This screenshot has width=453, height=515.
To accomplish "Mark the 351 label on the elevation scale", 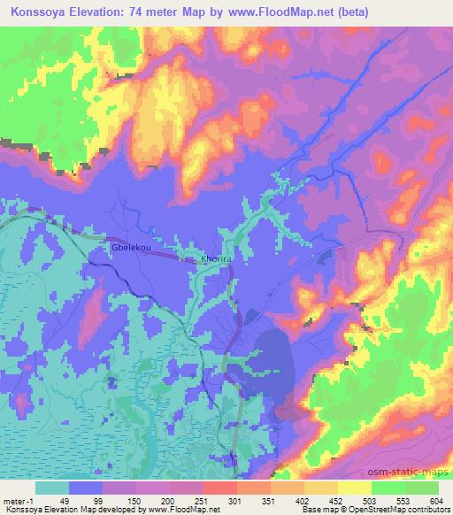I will tap(267, 499).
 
